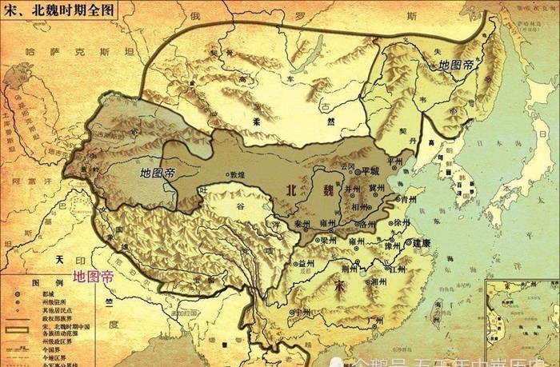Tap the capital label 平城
tap(370, 170)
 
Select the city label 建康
tap(421, 241)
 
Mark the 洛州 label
tap(367, 224)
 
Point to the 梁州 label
tap(328, 239)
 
